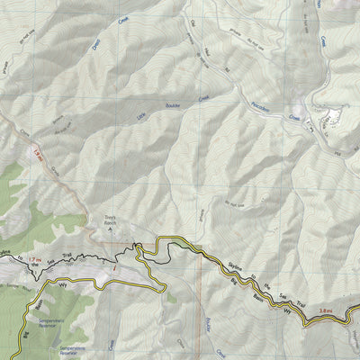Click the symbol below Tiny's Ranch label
coord(110,230)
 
